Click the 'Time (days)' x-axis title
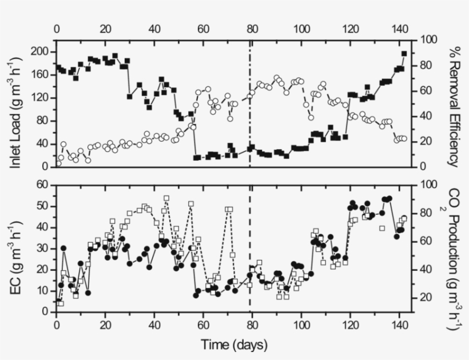[233, 345]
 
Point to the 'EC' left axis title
[17, 249]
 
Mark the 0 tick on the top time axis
[56, 29]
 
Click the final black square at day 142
[404, 54]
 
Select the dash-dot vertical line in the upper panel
[250, 103]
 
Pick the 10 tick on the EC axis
[42, 291]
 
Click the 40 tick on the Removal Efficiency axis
[426, 115]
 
